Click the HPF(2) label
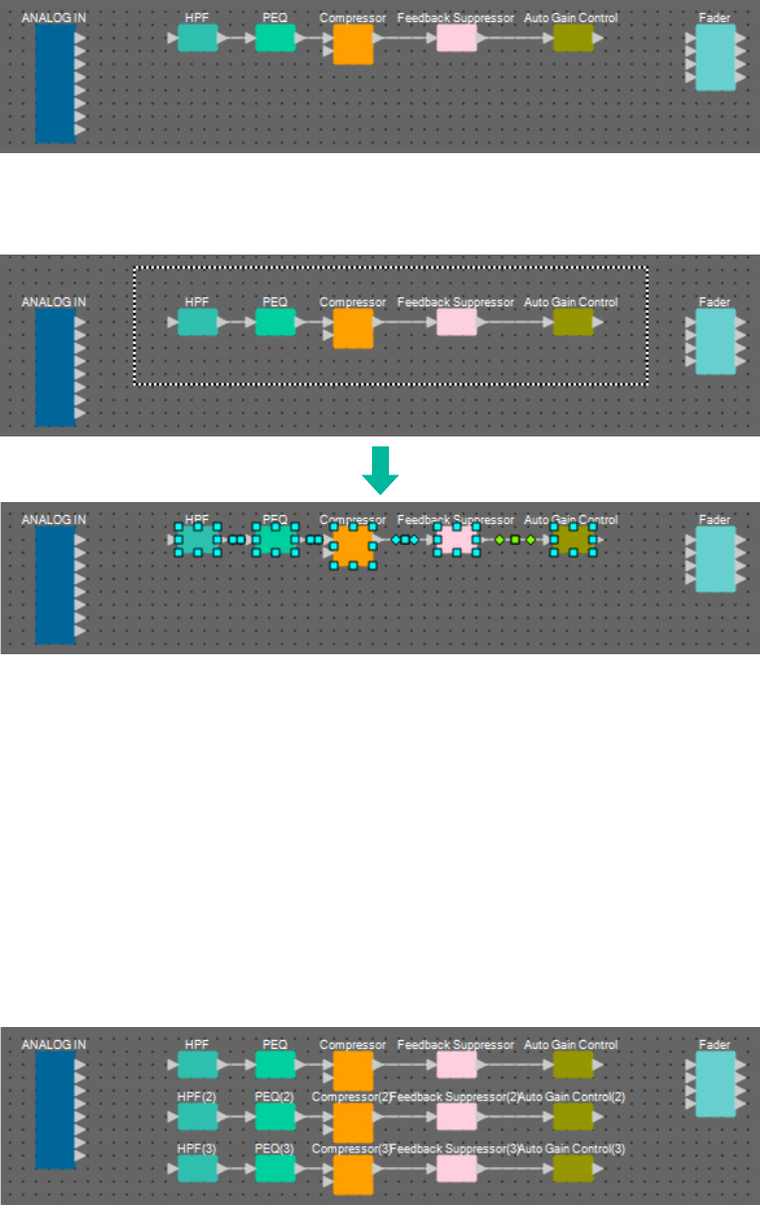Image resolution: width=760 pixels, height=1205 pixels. pos(197,1097)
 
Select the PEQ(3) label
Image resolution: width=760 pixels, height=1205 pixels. pos(275,1148)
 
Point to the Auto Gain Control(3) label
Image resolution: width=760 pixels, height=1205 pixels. pos(572,1148)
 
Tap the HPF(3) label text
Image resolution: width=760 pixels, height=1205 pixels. pos(197,1148)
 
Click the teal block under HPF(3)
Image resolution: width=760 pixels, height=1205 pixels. pos(197,1168)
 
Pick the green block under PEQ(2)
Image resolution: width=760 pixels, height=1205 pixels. pos(275,1117)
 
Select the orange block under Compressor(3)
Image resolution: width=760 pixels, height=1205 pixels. pos(352,1174)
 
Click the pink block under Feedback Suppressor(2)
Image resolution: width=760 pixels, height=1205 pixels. pos(457,1117)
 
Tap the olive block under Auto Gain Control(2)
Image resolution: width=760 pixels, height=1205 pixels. pos(573,1117)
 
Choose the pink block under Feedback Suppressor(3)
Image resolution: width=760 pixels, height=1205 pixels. pos(457,1168)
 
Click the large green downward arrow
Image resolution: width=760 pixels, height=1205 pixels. pos(380,470)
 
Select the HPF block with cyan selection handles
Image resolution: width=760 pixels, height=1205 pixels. pos(197,540)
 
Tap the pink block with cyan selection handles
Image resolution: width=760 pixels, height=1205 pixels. pos(457,540)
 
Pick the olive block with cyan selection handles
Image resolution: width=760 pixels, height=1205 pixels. pos(573,540)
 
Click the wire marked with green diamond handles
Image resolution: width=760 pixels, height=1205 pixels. pos(515,540)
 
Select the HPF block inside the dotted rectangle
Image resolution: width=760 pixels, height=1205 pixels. pos(197,322)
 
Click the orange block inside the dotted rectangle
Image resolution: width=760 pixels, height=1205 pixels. pos(352,328)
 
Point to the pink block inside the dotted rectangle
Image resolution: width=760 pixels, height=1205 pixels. pos(457,322)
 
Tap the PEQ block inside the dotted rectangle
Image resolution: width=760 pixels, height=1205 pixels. pos(275,322)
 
